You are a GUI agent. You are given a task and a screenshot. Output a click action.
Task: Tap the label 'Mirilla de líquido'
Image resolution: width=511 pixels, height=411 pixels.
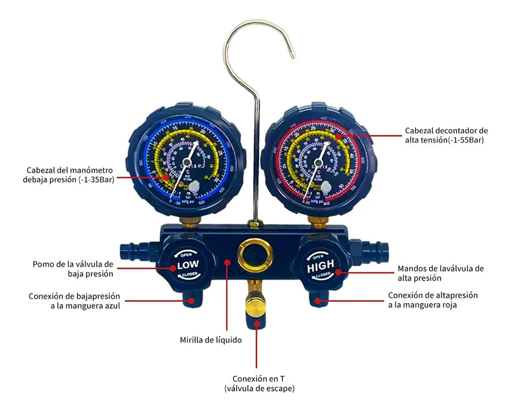[x=210, y=339]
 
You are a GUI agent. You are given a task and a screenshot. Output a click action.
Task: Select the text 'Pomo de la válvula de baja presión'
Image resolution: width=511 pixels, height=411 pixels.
[x=73, y=268]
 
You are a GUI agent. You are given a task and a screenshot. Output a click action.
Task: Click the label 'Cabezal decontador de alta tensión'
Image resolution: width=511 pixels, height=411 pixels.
[x=446, y=135]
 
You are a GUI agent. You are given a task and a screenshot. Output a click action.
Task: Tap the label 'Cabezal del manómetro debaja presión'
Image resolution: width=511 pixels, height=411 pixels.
[x=70, y=174]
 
